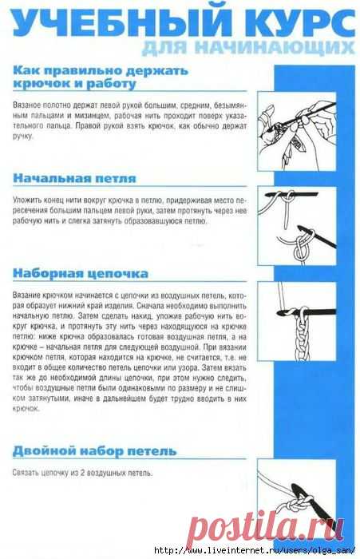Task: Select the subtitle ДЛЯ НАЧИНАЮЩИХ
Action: (247, 50)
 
